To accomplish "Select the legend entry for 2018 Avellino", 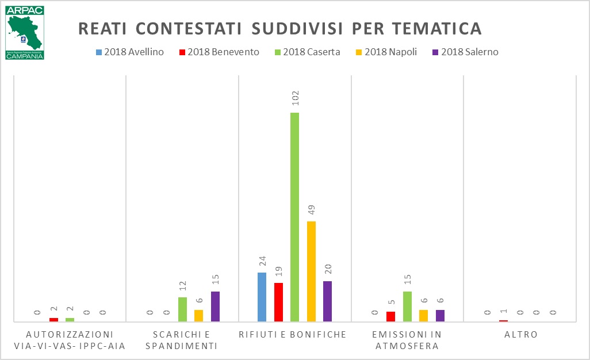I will [130, 52].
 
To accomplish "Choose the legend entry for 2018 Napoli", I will [389, 52].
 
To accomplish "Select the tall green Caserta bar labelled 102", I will [294, 217].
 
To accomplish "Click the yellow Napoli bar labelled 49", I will [311, 271].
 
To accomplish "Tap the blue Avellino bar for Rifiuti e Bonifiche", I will [262, 297].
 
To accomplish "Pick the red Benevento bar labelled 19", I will [278, 302].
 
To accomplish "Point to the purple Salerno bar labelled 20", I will [327, 301].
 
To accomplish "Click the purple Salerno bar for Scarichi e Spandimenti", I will [215, 306].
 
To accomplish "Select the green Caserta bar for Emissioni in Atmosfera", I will [407, 306].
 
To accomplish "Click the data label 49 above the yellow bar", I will [311, 210].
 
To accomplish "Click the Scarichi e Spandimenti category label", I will [182, 340].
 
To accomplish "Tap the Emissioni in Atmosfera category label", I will [407, 340].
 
